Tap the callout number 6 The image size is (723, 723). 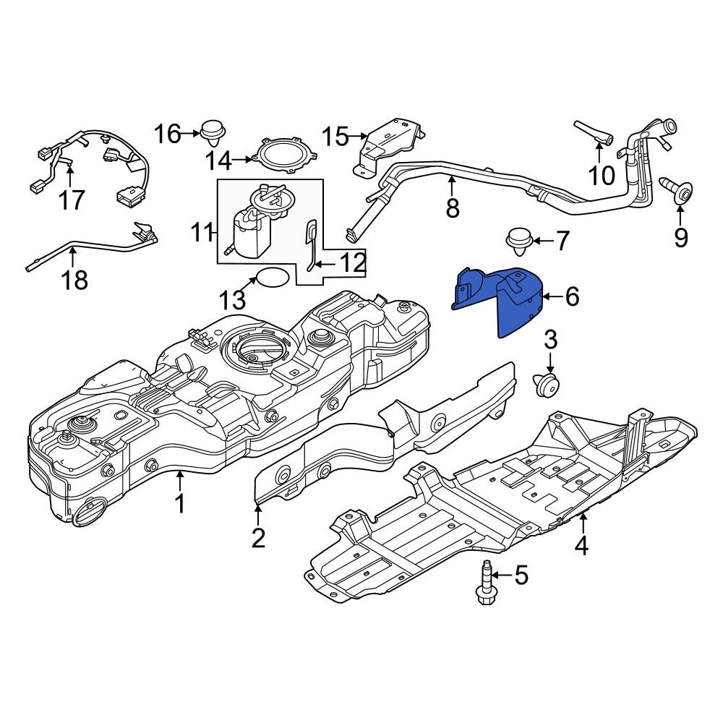pos(572,296)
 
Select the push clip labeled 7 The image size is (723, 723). pos(518,241)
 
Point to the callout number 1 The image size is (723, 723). pos(179,503)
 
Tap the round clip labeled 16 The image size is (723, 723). pos(213,133)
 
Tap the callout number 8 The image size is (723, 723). pos(453,208)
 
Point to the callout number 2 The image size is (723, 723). pos(259,537)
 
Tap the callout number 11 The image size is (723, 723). pos(202,233)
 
